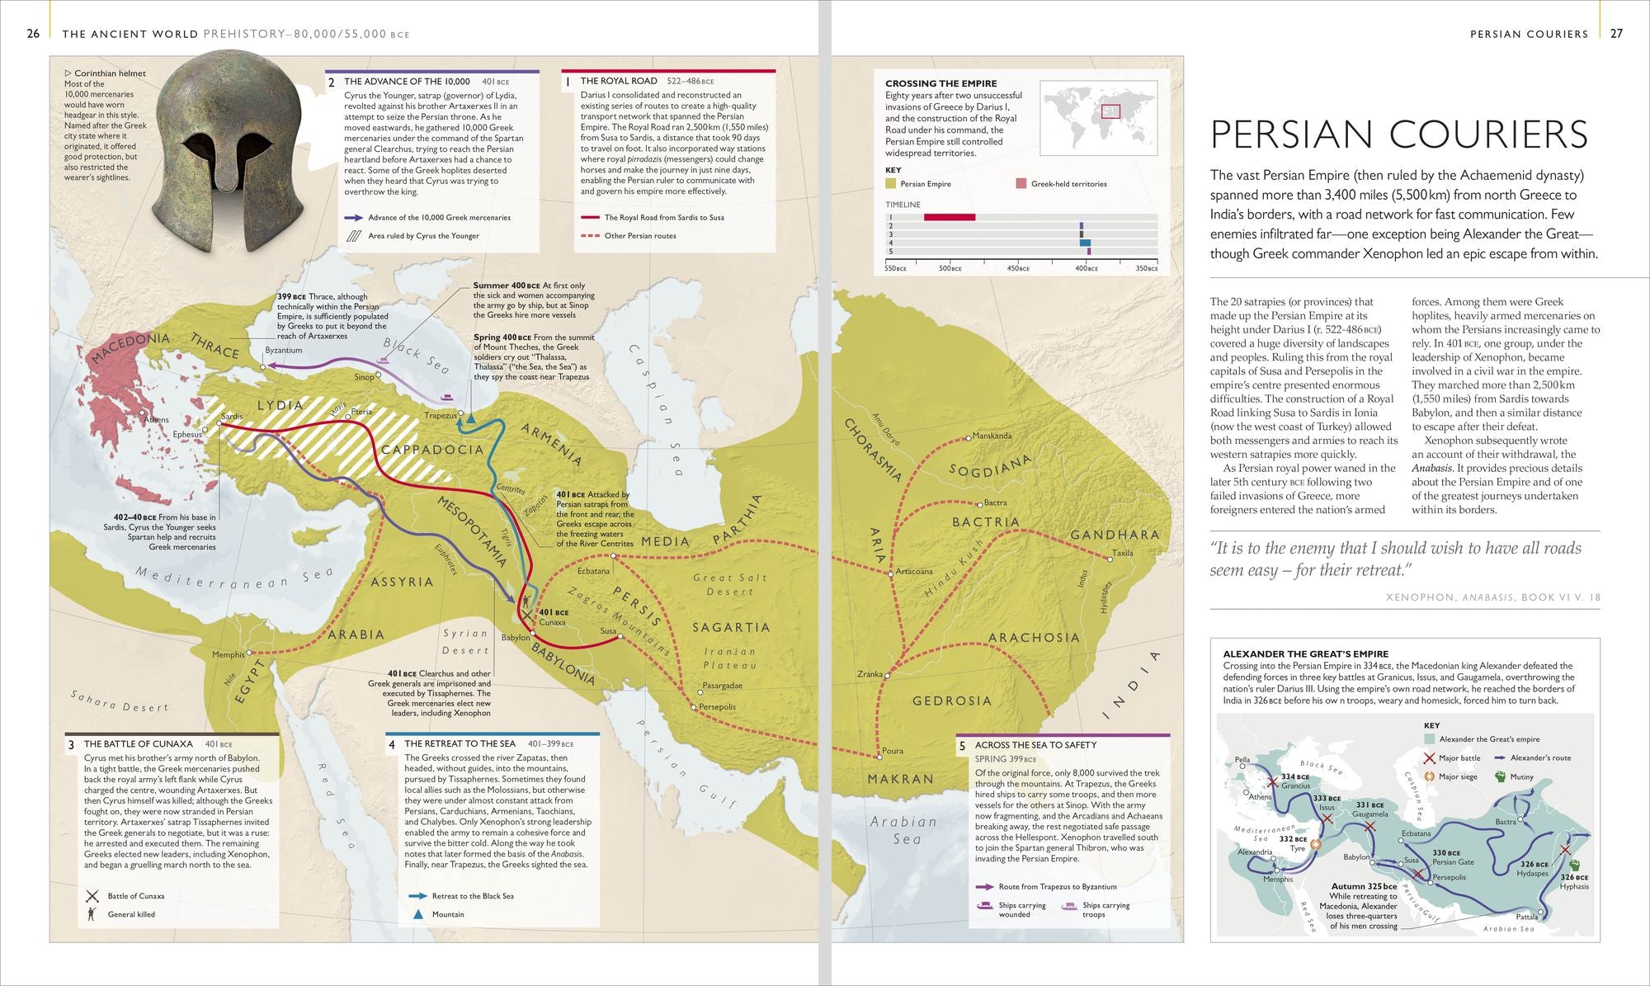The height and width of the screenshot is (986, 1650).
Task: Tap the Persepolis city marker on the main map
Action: tap(693, 707)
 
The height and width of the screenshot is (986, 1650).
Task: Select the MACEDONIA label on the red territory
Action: tap(130, 347)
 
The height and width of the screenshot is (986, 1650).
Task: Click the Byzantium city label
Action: tap(283, 350)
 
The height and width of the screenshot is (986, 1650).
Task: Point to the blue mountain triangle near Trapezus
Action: tap(470, 419)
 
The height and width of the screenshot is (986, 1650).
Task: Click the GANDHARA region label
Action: tap(1115, 535)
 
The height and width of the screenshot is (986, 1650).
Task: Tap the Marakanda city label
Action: tap(992, 436)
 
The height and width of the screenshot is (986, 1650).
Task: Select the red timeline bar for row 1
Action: tap(949, 217)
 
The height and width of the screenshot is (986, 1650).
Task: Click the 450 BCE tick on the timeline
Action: tap(1018, 268)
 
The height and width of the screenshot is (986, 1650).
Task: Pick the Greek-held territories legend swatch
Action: tap(1021, 183)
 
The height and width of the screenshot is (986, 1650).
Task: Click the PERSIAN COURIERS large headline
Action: tap(1398, 134)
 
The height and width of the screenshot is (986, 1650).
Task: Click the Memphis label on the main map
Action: tap(228, 654)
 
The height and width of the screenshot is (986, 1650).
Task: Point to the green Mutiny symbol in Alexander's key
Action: tap(1500, 776)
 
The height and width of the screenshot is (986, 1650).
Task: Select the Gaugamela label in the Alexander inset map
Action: tap(1369, 814)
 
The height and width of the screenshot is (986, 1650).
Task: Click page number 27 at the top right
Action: tap(1616, 34)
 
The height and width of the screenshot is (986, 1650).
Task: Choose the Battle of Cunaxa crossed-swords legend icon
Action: tap(92, 896)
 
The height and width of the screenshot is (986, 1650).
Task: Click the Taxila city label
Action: tap(1122, 553)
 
